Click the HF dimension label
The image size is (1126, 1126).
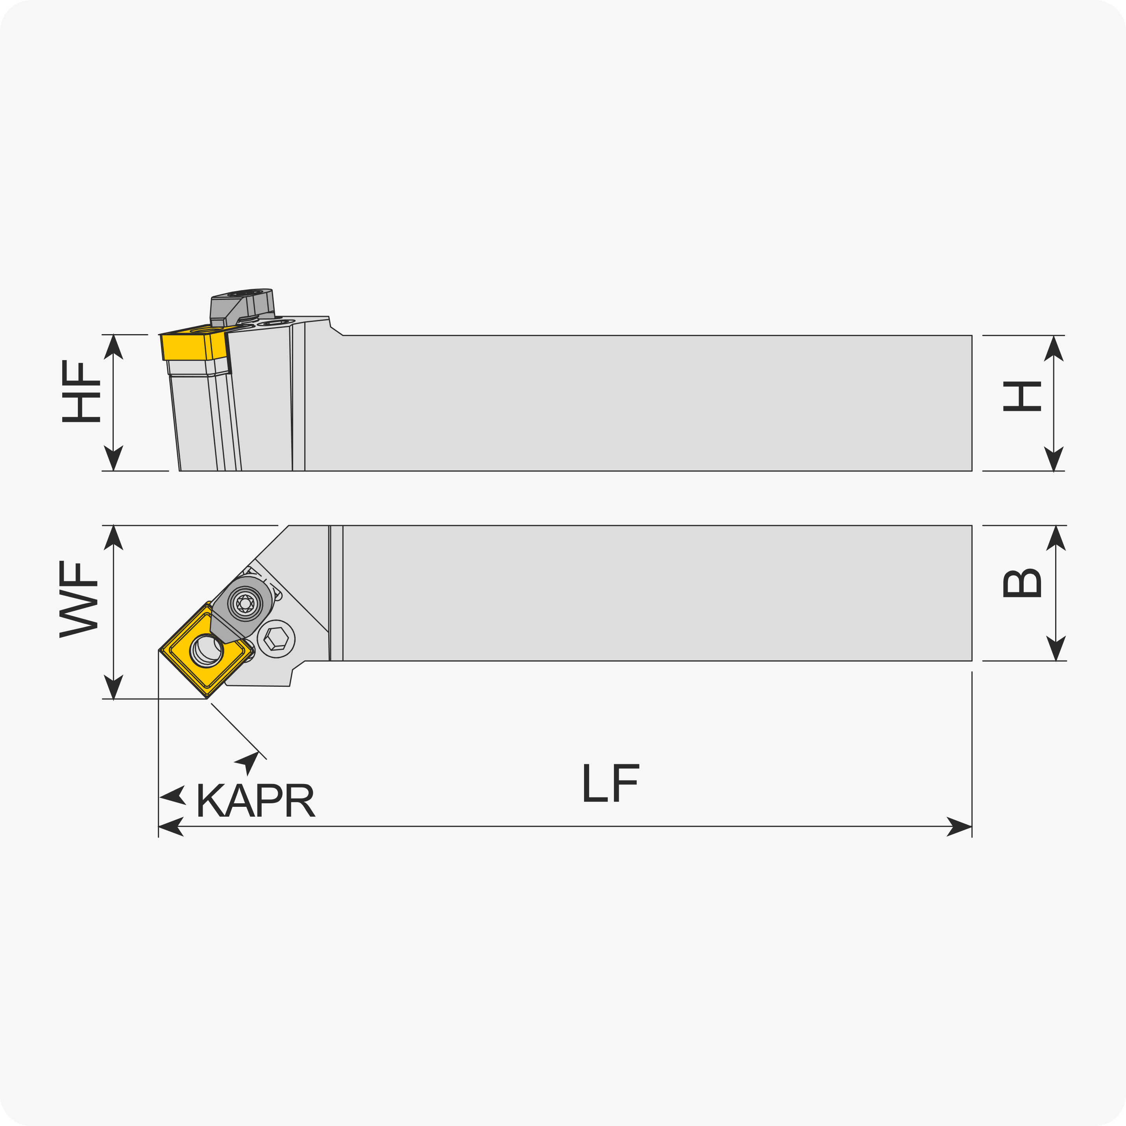[x=81, y=391]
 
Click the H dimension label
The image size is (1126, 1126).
[x=1022, y=396]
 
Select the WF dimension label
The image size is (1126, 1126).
[x=78, y=599]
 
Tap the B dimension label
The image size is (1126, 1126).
[x=1022, y=583]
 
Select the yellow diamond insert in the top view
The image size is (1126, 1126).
[x=206, y=650]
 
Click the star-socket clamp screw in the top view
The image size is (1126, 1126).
[x=245, y=604]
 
